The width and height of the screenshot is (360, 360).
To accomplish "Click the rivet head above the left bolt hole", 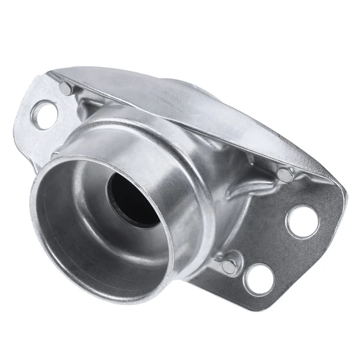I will pos(65,88).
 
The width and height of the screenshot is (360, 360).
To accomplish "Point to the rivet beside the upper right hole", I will pos(284,175).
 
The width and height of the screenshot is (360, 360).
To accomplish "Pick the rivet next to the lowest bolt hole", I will pos(229,266).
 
